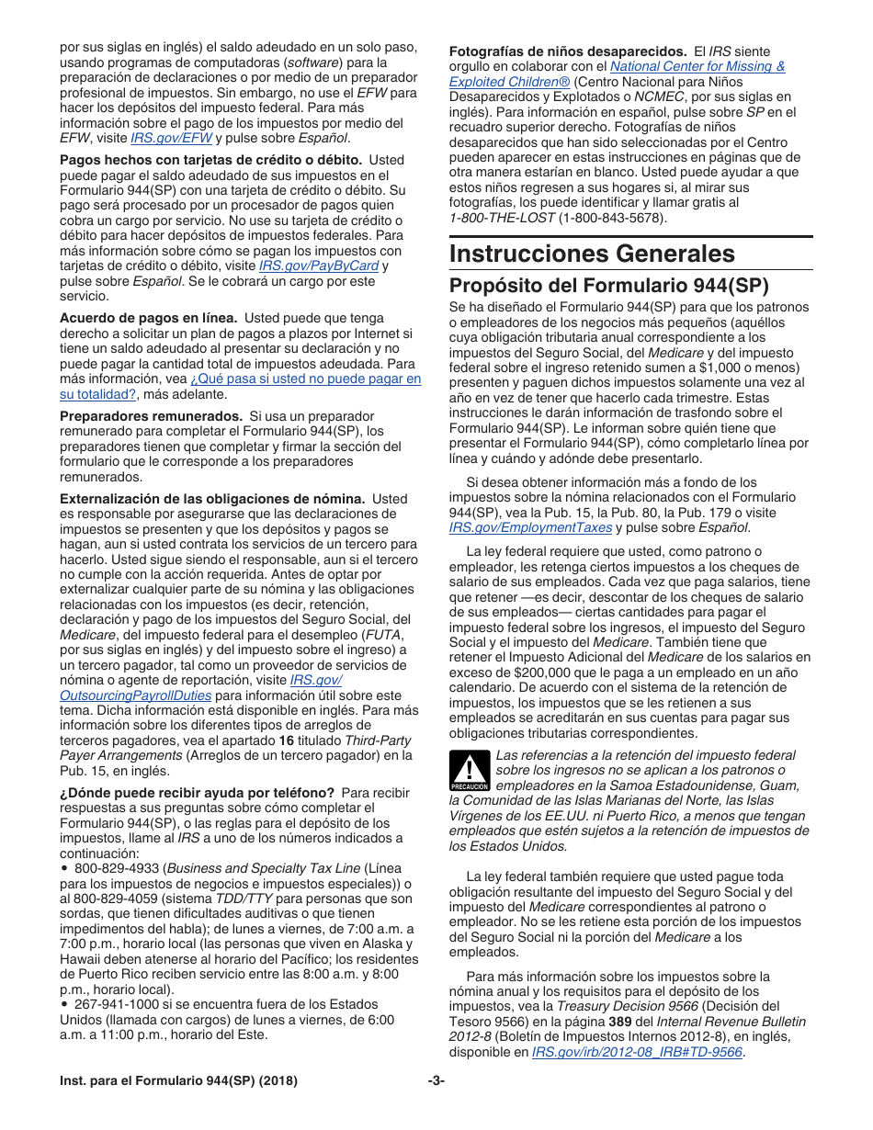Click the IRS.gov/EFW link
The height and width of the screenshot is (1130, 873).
pos(171,138)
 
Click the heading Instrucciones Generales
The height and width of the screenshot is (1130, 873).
pos(592,254)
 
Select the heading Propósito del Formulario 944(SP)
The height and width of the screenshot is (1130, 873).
pos(608,285)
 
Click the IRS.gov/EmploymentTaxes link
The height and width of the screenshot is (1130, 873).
pos(530,527)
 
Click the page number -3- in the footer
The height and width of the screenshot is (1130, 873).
pos(436,1081)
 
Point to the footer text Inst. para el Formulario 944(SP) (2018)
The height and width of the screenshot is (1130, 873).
pos(179,1081)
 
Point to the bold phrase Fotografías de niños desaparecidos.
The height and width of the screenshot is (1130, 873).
pos(567,51)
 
